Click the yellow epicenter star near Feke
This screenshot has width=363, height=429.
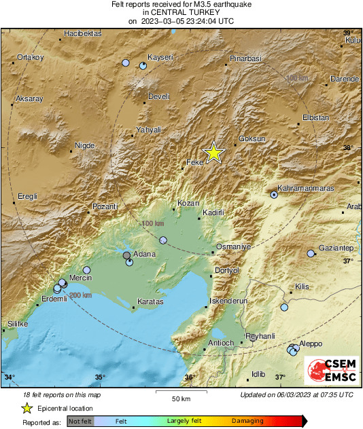[214, 153]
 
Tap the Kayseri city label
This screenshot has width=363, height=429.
[161, 56]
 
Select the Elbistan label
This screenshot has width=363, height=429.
[315, 117]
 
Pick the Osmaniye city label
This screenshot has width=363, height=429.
[233, 246]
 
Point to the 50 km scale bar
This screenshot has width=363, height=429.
[180, 392]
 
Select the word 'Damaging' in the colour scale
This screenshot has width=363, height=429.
[247, 422]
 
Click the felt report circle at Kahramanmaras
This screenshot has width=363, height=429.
[274, 194]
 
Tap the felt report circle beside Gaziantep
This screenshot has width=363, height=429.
[311, 254]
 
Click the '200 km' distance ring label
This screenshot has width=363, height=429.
[80, 295]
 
